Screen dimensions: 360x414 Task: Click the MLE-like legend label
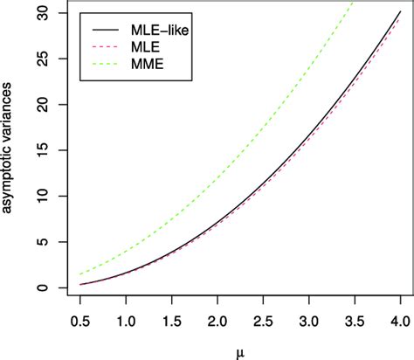pyautogui.click(x=160, y=30)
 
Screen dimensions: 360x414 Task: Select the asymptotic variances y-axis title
pyautogui.click(x=11, y=150)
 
